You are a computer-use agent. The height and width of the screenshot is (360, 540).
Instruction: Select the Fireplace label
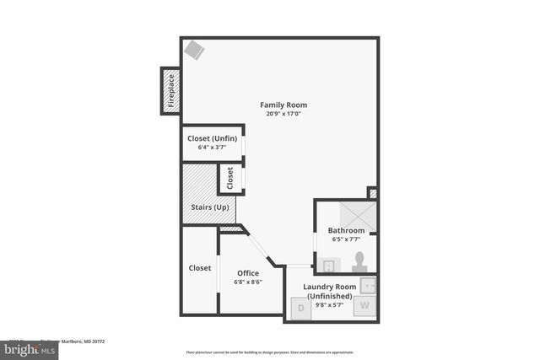(170, 90)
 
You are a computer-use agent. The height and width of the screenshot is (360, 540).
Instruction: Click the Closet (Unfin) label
(212, 138)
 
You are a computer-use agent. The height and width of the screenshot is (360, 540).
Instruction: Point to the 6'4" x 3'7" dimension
(212, 147)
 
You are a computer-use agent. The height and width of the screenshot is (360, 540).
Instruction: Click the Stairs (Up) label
(207, 207)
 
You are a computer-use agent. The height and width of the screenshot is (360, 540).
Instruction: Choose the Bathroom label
(346, 230)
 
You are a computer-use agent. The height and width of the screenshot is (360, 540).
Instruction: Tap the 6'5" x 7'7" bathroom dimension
(346, 239)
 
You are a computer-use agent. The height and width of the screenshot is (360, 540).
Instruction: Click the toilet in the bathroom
(359, 261)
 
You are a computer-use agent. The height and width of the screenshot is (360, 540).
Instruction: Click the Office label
(248, 272)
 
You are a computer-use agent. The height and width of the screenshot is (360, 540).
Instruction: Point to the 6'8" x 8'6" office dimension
(248, 282)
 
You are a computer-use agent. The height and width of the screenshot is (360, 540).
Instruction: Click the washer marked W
(365, 305)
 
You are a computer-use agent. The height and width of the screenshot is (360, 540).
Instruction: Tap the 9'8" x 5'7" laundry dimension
(329, 304)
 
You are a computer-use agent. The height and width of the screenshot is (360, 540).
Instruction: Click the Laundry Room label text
(329, 287)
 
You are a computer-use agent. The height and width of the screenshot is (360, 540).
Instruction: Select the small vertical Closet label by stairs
(230, 178)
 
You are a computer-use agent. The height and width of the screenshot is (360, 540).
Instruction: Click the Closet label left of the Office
(200, 268)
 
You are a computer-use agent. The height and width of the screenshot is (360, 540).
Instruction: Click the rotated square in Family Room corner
(194, 50)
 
